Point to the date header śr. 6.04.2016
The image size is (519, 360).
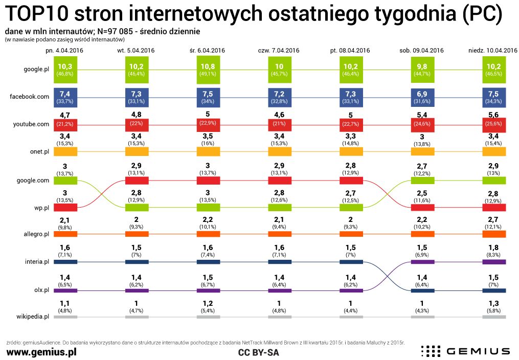207,51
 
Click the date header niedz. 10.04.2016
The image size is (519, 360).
493,51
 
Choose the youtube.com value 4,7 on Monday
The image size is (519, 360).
64,115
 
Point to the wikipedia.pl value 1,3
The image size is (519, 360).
494,302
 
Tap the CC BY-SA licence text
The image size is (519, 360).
259,352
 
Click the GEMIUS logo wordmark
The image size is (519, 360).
478,351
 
